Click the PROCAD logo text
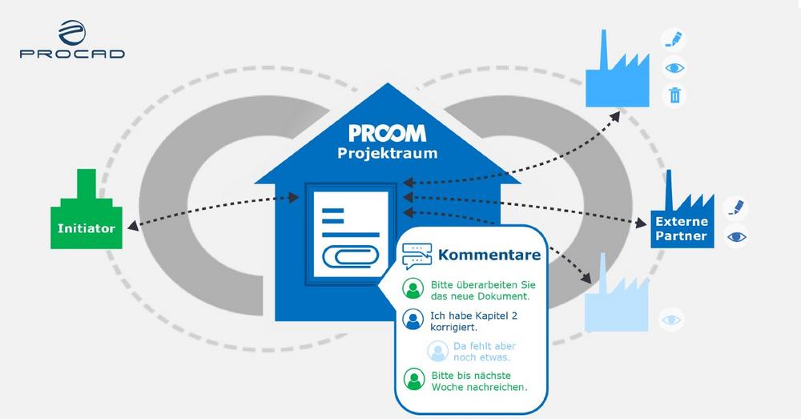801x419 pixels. [72, 54]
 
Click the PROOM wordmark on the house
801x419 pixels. [387, 133]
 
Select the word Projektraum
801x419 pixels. [387, 153]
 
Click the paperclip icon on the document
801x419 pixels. [351, 256]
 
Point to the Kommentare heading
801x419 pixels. [489, 255]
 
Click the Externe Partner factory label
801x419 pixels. [682, 228]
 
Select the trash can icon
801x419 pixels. [674, 95]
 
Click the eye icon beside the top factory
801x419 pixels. [674, 67]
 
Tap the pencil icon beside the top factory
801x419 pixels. [674, 40]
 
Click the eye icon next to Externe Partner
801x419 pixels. [736, 236]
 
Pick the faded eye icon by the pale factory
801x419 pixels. [671, 320]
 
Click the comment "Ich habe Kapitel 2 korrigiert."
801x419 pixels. [473, 321]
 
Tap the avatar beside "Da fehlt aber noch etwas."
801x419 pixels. [438, 351]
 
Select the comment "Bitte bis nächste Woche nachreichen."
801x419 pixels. [479, 381]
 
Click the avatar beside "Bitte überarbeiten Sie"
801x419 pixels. [413, 288]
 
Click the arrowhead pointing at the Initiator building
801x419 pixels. [133, 225]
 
